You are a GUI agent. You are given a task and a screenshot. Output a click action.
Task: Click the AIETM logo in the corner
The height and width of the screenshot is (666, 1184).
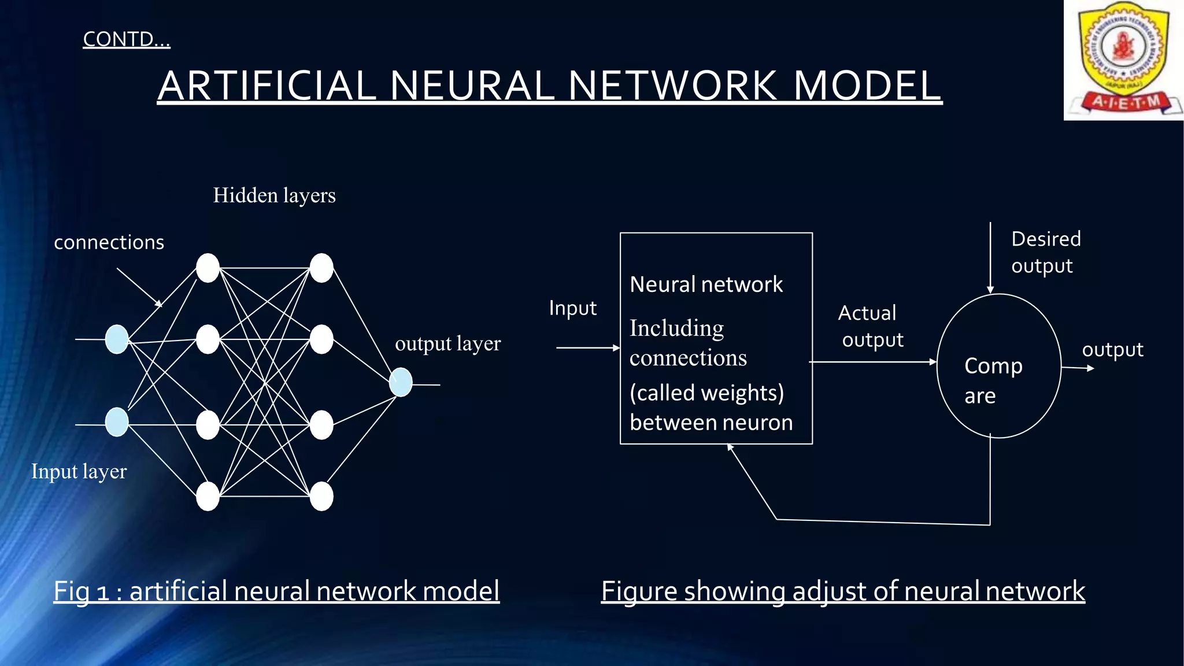pos(1123,60)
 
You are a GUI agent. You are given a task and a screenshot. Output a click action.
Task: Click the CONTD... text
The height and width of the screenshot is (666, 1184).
pos(127,39)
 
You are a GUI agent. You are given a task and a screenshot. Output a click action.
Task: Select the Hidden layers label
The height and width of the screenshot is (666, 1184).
pos(274,195)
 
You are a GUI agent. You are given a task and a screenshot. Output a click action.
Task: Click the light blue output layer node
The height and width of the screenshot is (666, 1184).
pos(401,382)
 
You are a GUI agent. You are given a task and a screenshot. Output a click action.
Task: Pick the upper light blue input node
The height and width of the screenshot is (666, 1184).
pos(117,339)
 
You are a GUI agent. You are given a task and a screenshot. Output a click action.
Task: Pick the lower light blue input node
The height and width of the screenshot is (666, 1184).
pos(117,422)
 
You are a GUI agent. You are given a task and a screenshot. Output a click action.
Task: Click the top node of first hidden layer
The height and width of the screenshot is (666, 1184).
pos(208,268)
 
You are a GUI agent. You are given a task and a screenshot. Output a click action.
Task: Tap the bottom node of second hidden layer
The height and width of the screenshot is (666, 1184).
pos(321,496)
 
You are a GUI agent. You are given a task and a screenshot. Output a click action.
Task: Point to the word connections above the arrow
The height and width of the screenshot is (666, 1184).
pos(109,242)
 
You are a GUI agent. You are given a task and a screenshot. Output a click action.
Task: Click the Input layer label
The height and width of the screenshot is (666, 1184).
pos(79,471)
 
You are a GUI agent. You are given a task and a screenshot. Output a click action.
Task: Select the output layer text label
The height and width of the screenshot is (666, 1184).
pos(447,343)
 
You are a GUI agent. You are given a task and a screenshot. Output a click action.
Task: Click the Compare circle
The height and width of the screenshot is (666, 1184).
pos(998,367)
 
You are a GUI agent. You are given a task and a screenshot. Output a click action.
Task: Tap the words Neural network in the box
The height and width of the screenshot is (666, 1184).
pos(706,284)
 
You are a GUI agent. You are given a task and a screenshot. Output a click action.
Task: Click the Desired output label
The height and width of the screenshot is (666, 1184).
pos(1045,252)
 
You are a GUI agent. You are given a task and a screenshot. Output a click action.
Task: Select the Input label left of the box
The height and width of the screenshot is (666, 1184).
pos(572,308)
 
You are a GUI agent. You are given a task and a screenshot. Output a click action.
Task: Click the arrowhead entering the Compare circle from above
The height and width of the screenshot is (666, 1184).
pos(990,290)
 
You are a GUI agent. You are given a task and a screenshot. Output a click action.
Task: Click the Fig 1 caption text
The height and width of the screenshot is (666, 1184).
pos(276,591)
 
